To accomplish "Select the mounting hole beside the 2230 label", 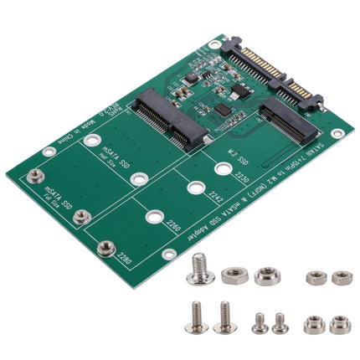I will pyautogui.click(x=222, y=169).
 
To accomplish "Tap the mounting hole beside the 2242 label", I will pyautogui.click(x=195, y=188).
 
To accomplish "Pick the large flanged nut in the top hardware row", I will pyautogui.click(x=267, y=275).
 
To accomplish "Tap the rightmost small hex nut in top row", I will pyautogui.click(x=342, y=277).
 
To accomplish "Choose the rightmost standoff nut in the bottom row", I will pyautogui.click(x=339, y=323).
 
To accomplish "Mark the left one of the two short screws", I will pyautogui.click(x=259, y=322).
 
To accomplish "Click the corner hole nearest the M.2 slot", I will pyautogui.click(x=337, y=133).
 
